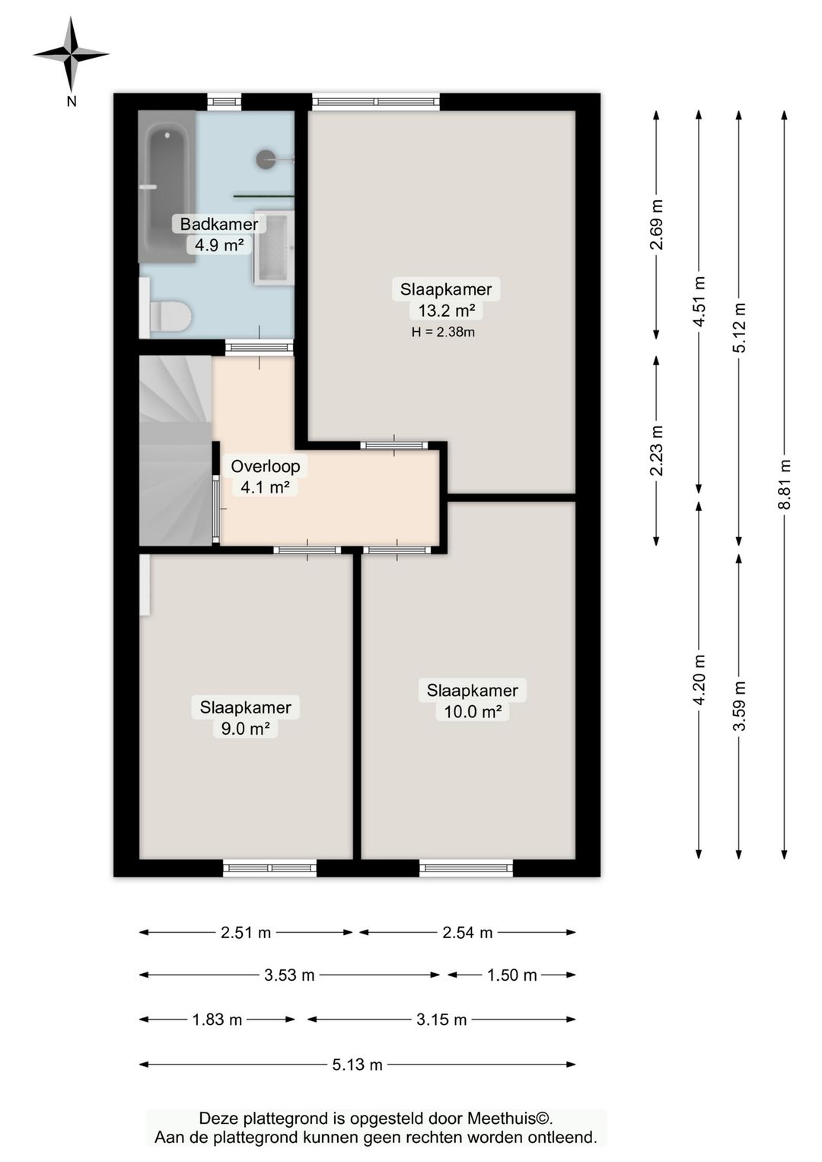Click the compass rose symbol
(71, 54)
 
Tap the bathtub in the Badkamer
(167, 187)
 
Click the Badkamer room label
(219, 224)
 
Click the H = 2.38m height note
(443, 332)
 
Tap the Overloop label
(265, 466)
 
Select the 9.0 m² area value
(245, 728)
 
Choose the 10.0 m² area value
(473, 711)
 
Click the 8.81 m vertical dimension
(784, 484)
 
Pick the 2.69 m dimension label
(657, 225)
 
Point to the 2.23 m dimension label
(657, 450)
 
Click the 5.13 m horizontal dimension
(357, 1065)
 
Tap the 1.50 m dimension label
(511, 975)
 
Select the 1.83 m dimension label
(218, 1020)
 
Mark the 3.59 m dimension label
(739, 705)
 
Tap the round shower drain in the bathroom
(266, 158)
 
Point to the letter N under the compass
(72, 102)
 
